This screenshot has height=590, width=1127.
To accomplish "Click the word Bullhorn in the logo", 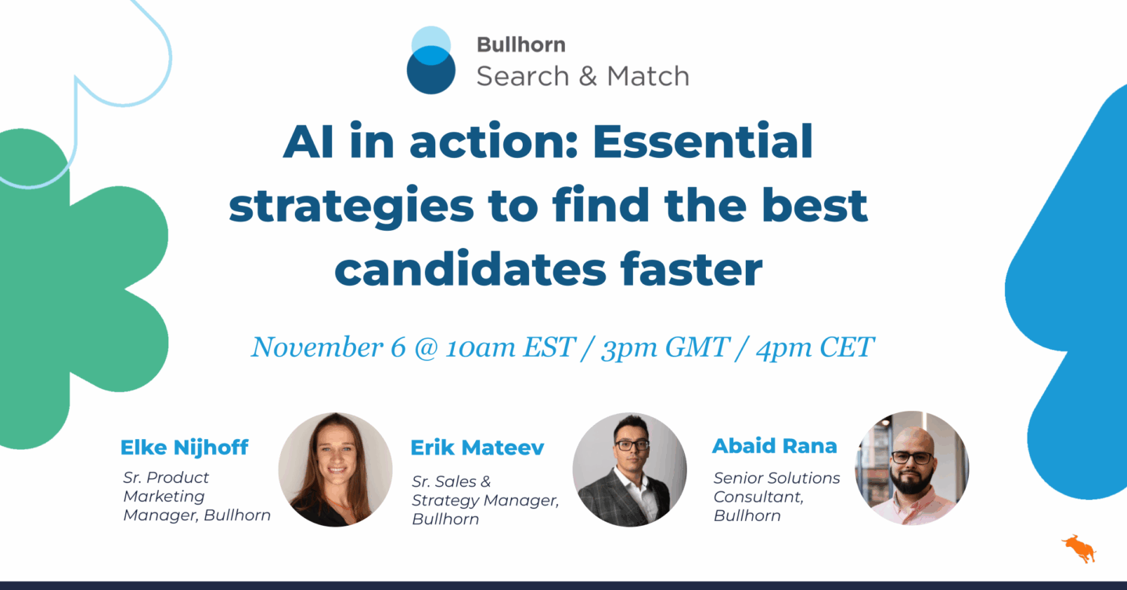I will (x=520, y=45).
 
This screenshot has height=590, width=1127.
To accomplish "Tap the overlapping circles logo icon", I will (x=430, y=60).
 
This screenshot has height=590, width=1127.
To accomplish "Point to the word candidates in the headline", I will (x=470, y=268).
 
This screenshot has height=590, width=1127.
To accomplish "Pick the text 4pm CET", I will (x=814, y=347).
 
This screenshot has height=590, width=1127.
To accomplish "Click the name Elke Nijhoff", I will (x=184, y=448).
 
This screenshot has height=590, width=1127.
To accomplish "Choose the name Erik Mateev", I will (x=477, y=448).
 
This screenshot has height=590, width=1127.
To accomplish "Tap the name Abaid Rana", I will (x=774, y=446).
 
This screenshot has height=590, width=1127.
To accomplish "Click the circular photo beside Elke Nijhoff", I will (x=335, y=469).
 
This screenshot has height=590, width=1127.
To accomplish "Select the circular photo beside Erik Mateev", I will (x=629, y=469).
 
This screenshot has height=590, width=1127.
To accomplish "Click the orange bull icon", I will (x=1078, y=547).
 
